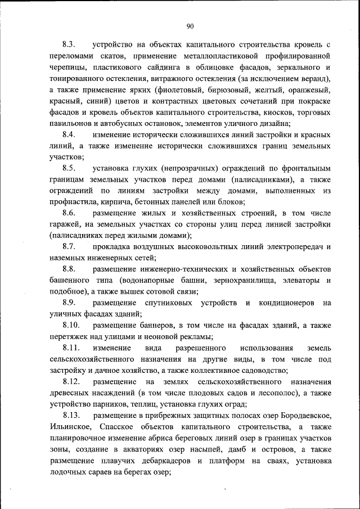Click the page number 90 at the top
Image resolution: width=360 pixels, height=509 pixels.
(190, 26)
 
